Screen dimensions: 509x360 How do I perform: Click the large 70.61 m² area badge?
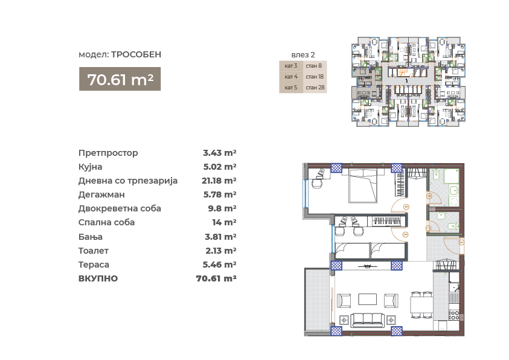(x=120, y=79)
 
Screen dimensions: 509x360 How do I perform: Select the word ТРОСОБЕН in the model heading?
(x=136, y=54)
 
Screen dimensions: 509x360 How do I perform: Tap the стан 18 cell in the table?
(x=315, y=77)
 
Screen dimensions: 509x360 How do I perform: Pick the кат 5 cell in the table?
(x=291, y=88)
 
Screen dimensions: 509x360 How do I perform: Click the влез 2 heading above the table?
(x=303, y=55)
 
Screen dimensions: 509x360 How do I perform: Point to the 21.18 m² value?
(x=219, y=181)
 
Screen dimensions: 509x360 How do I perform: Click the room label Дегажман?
(x=101, y=194)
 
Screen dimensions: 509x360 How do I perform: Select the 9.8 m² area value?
(x=222, y=208)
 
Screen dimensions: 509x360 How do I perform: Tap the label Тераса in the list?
(x=94, y=265)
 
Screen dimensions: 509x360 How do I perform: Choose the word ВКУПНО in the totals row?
(x=98, y=278)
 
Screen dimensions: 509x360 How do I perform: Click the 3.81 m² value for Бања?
(x=221, y=237)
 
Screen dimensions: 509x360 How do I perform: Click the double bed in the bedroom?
(x=363, y=187)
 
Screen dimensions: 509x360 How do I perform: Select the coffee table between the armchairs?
(x=368, y=300)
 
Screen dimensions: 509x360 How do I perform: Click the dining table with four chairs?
(x=421, y=305)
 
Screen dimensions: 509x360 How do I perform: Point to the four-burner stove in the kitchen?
(x=454, y=314)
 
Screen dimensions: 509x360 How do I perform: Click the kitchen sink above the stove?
(x=455, y=288)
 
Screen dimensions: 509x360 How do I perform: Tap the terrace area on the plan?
(x=317, y=300)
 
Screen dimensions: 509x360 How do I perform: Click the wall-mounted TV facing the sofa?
(x=368, y=266)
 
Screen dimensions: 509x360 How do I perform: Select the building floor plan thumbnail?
(x=409, y=82)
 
